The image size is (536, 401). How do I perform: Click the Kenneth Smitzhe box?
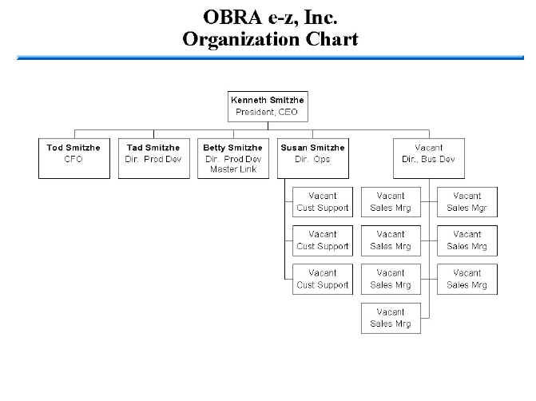click(267, 106)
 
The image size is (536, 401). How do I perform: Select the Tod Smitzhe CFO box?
click(73, 157)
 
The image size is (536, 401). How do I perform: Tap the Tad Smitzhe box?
click(153, 157)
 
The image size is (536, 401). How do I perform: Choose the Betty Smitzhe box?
click(232, 157)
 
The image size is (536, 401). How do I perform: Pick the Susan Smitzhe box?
click(312, 157)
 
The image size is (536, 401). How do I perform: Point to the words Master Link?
click(232, 169)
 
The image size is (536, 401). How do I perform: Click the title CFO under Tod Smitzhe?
click(73, 159)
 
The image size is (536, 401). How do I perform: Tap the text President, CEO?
click(267, 112)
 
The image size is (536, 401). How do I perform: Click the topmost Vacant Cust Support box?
click(323, 202)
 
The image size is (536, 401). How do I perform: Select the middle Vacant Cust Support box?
click(323, 240)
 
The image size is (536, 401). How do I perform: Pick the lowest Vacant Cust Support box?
click(323, 279)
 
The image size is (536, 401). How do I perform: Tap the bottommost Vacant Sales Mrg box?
click(391, 318)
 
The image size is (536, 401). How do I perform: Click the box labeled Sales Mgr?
click(467, 202)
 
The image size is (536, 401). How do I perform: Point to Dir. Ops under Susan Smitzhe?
click(312, 159)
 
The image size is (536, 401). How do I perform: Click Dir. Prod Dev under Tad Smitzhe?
click(153, 159)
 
